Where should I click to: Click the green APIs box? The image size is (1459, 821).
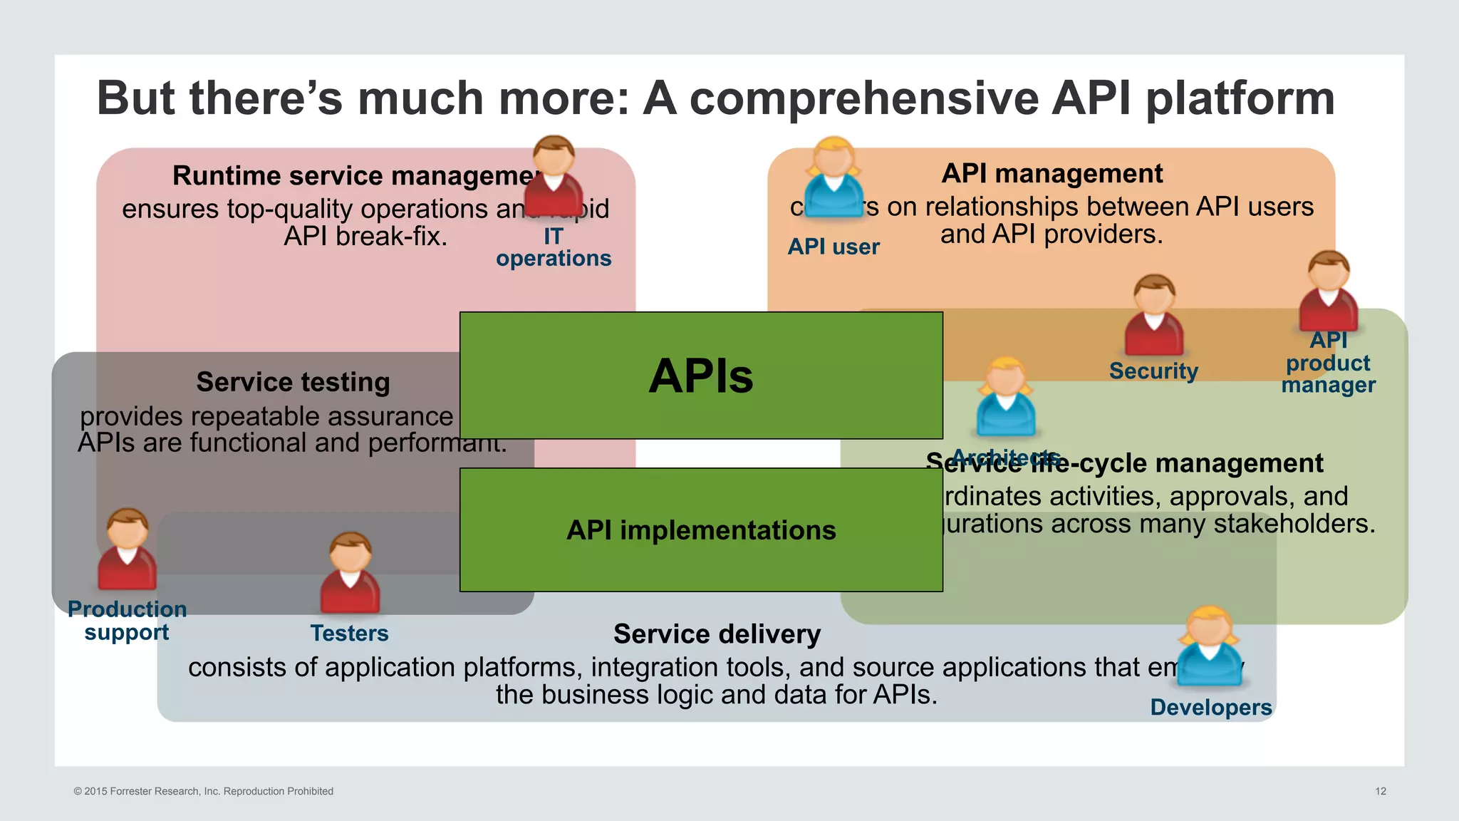click(701, 376)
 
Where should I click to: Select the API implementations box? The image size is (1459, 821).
click(701, 530)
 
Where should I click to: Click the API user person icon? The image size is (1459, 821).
click(834, 178)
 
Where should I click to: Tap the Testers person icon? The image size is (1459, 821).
click(350, 573)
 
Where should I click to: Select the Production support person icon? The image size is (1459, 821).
click(128, 549)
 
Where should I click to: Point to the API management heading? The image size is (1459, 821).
click(1052, 173)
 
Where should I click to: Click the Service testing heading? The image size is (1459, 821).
click(293, 382)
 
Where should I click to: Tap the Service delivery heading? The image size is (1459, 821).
click(717, 634)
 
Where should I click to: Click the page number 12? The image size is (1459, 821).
click(1380, 791)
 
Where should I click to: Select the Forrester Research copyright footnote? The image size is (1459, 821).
click(204, 791)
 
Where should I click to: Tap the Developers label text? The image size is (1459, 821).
click(1210, 707)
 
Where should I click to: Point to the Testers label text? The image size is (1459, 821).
click(349, 633)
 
